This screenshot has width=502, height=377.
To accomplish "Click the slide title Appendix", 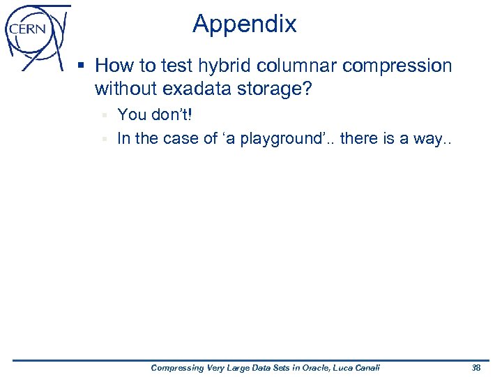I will (x=245, y=24).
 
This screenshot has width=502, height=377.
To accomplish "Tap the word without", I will (x=125, y=89).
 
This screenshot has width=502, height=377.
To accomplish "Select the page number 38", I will (x=476, y=368).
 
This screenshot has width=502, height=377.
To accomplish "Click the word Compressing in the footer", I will (x=177, y=368).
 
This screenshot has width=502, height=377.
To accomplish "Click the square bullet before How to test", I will (x=82, y=66).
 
